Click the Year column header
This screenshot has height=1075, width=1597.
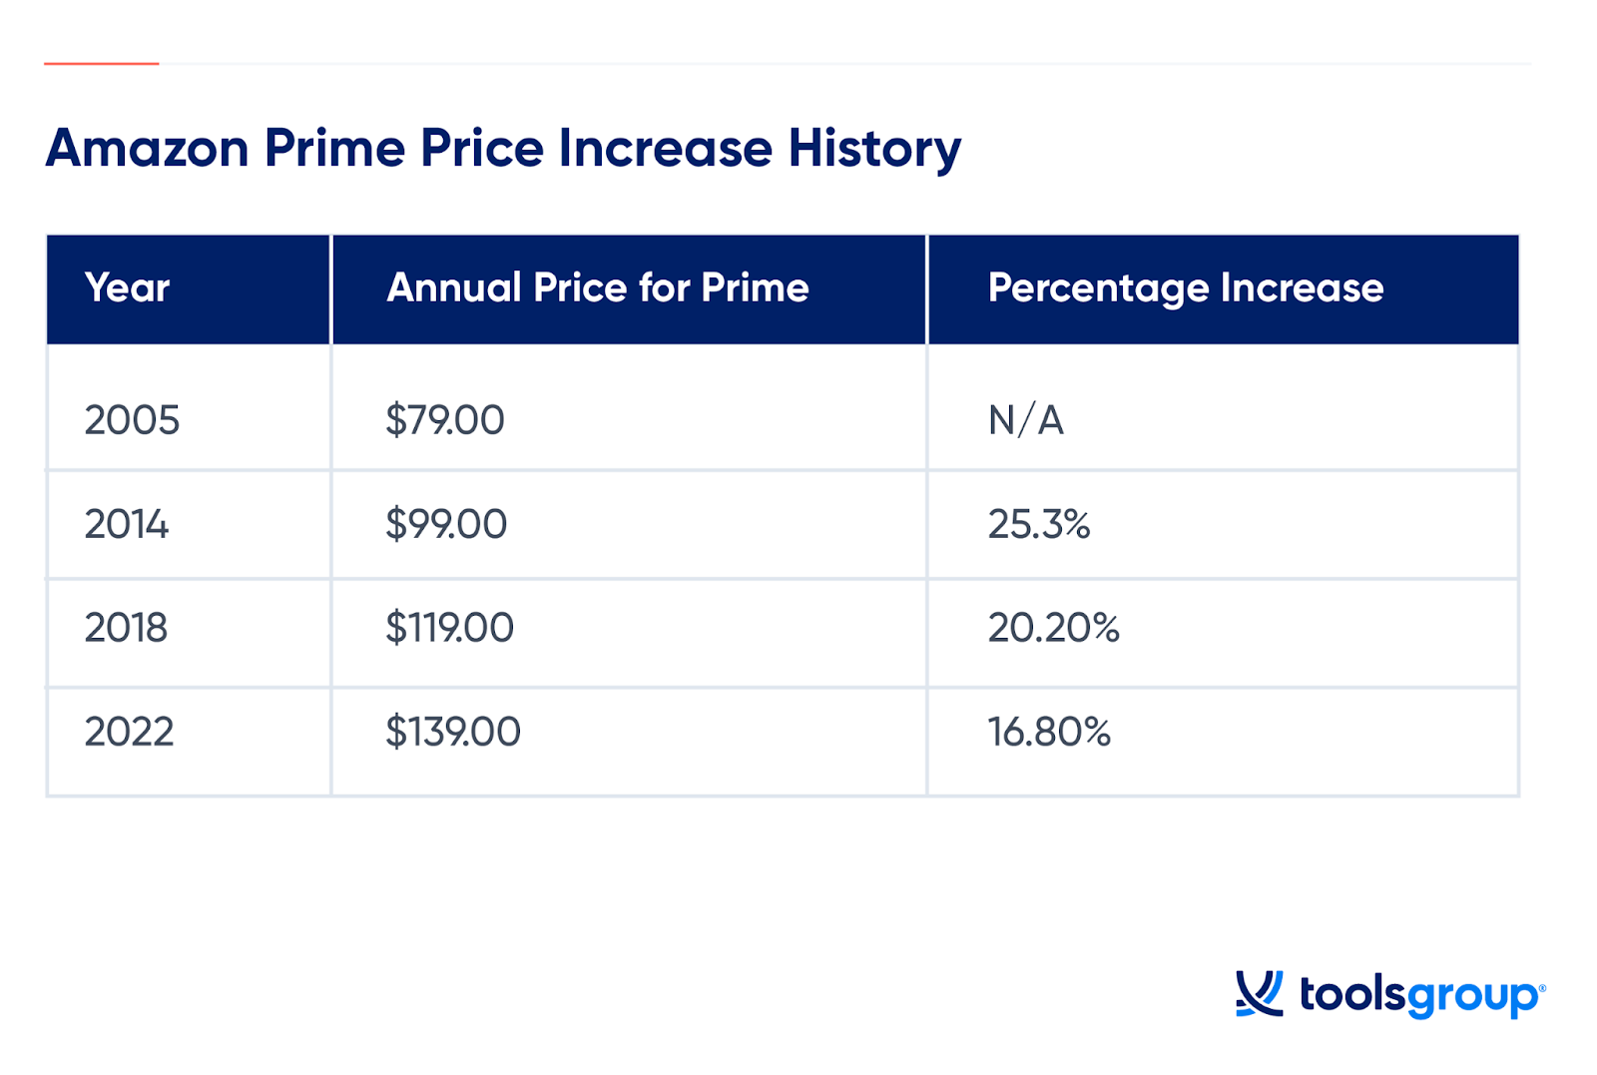[127, 288]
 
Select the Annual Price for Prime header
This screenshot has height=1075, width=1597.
[597, 288]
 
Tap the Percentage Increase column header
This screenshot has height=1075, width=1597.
[1185, 288]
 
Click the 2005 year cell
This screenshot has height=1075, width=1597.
[132, 420]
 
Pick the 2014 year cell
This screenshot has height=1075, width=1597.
[127, 524]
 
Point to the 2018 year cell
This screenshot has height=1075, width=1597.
[126, 628]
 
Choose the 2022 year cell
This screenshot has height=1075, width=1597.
[129, 733]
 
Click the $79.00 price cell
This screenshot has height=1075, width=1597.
[445, 420]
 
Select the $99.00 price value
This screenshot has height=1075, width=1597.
[446, 524]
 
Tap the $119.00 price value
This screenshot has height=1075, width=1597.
[449, 628]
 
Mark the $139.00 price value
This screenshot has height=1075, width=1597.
[453, 733]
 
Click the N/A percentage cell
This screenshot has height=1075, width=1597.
[1025, 420]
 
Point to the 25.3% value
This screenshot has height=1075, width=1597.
[1038, 524]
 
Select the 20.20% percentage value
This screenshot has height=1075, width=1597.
[1053, 628]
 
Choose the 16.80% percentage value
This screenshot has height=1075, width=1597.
[1049, 733]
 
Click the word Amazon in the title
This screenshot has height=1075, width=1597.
[148, 149]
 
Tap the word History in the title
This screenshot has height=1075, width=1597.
[874, 149]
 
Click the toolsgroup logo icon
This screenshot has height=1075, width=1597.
[1259, 993]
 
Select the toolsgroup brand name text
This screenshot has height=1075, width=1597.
[1420, 995]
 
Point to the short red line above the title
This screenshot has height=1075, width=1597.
[101, 64]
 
